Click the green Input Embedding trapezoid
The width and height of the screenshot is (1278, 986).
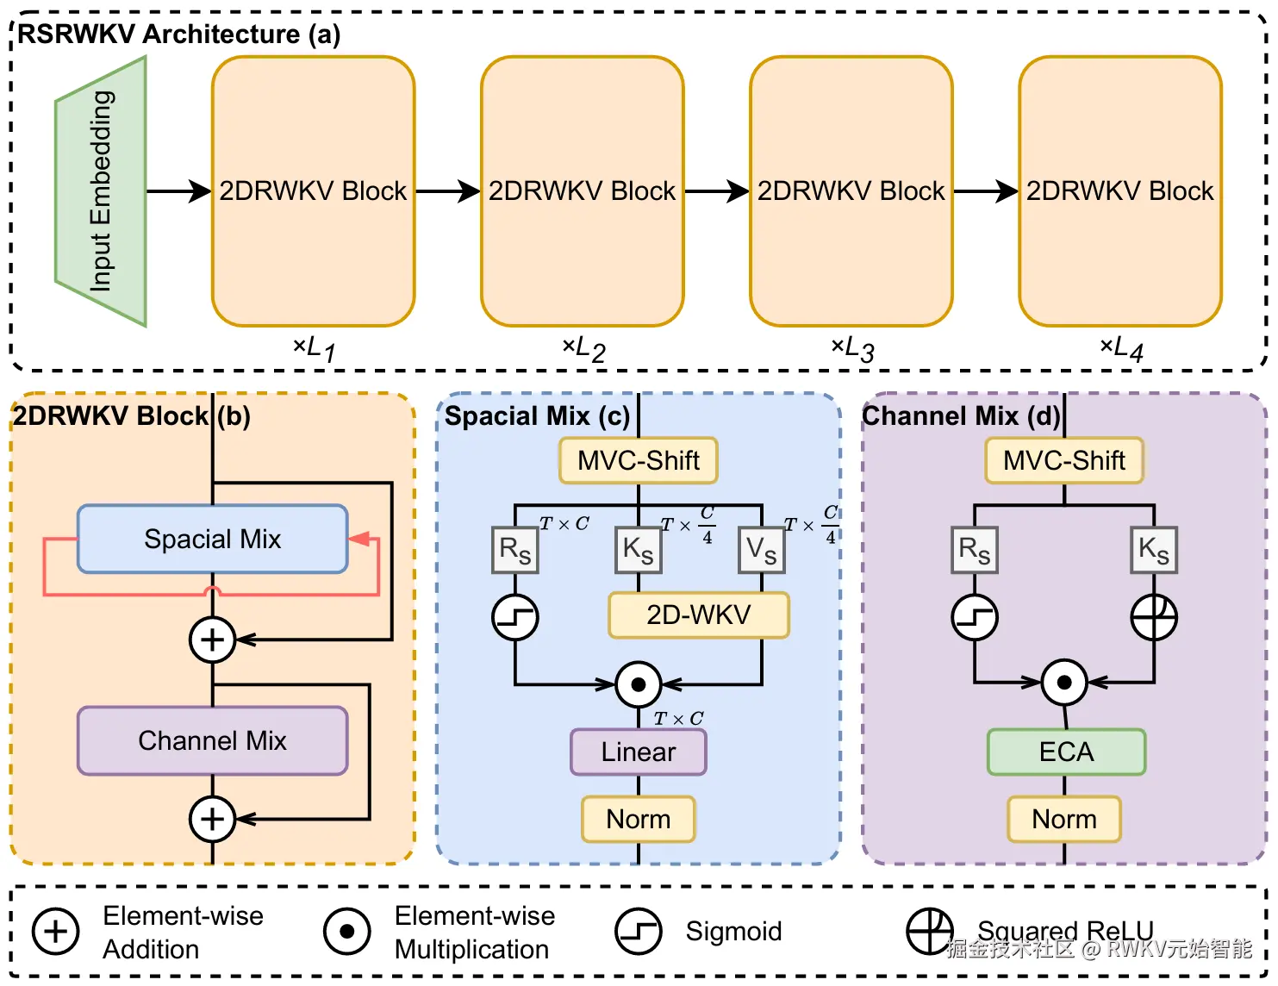point(101,191)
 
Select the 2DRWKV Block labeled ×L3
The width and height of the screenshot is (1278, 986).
point(851,191)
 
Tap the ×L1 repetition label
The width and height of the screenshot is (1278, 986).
point(315,348)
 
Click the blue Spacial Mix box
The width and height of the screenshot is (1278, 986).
point(212,540)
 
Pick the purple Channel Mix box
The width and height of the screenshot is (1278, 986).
point(212,740)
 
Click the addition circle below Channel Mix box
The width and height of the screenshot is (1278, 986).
point(212,819)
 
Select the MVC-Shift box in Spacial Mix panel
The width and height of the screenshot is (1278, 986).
point(638,460)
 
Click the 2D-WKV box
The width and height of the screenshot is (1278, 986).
point(698,615)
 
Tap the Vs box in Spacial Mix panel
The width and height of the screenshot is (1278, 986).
point(761,550)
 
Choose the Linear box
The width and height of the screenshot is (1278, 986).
point(638,752)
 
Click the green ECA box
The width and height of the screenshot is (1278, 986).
point(1066,752)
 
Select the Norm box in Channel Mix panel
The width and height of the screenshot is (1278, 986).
point(1064,819)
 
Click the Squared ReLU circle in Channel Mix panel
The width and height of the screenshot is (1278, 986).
point(1153,617)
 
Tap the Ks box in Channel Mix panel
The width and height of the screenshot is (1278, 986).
point(1153,550)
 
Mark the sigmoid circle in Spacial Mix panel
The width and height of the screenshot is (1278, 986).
point(514,617)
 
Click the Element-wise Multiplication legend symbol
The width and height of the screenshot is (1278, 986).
point(347,932)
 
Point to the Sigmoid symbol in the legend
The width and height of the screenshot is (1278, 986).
point(638,932)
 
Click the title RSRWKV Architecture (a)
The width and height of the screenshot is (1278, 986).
point(178,34)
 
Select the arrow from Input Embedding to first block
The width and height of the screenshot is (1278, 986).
point(178,191)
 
